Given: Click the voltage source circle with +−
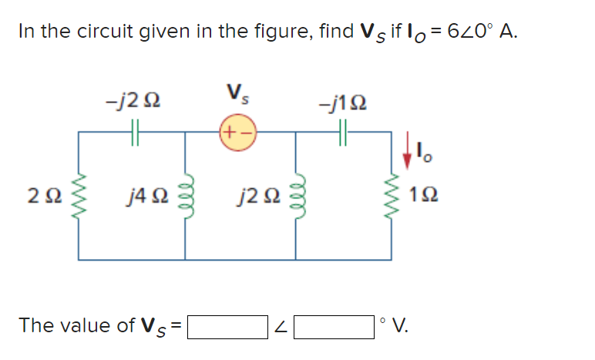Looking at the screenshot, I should (239, 132).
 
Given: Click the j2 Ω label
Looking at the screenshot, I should (255, 204).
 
